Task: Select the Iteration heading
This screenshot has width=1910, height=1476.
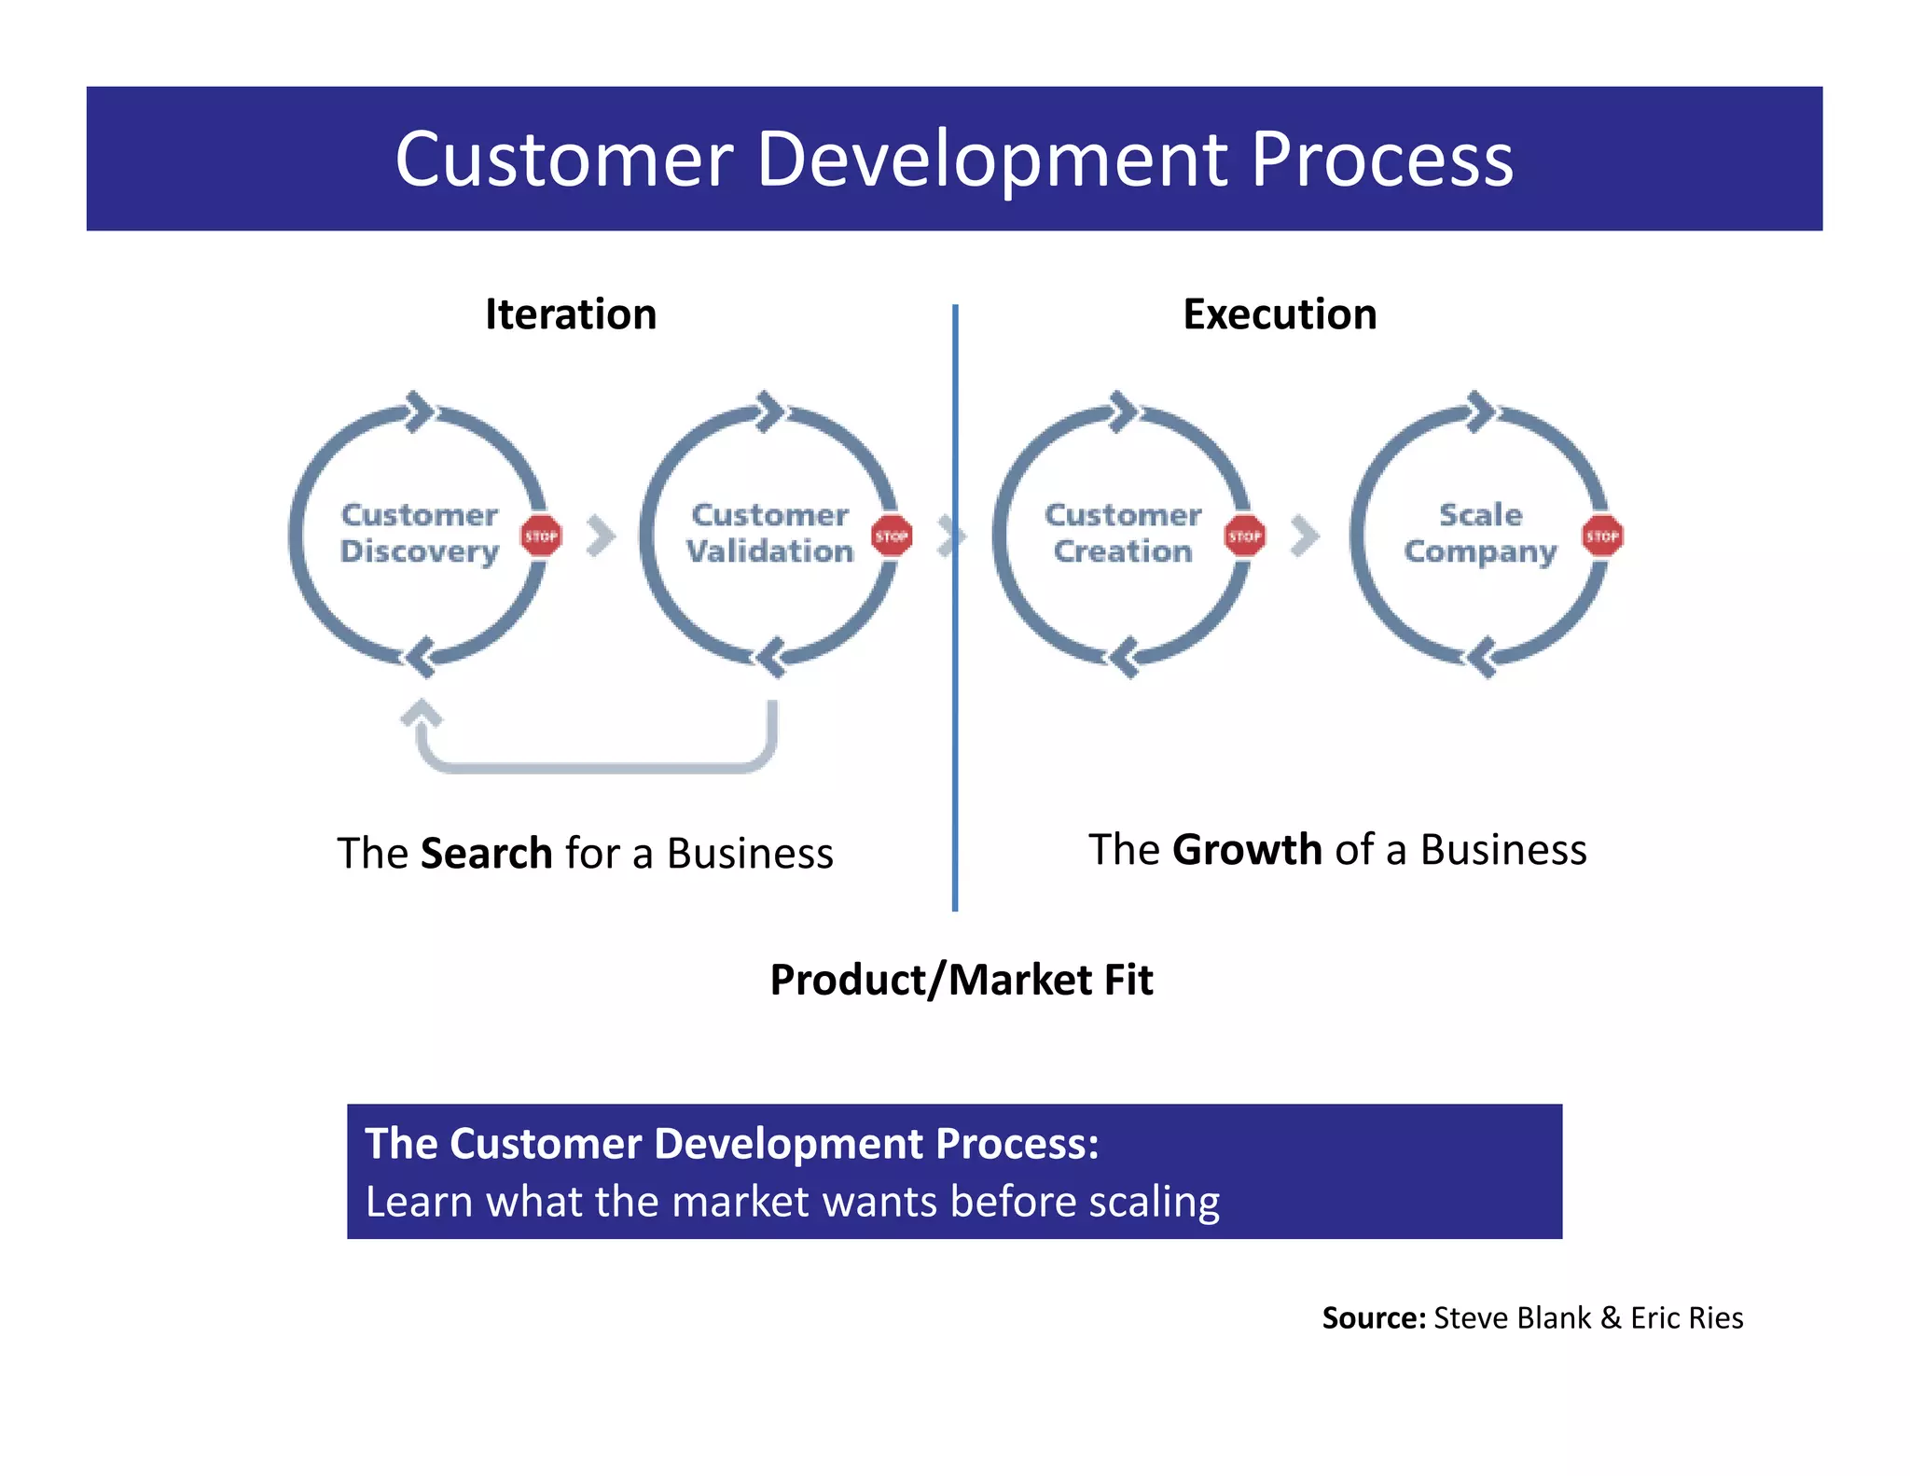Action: pos(571,314)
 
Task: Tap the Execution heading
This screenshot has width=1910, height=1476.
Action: pos(1280,314)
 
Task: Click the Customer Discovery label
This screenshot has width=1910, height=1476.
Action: pos(420,533)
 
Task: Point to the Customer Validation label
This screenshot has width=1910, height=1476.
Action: pos(770,533)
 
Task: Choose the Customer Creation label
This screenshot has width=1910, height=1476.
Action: pos(1123,533)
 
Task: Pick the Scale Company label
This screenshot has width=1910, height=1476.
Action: pos(1480,533)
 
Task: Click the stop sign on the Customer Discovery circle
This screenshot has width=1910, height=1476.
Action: pos(541,536)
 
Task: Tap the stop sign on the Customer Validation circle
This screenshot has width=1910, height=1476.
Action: pos(892,536)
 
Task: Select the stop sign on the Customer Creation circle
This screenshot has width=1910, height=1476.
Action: pos(1245,536)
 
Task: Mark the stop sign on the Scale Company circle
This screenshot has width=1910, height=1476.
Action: pos(1602,536)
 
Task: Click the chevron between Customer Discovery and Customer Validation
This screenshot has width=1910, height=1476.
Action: pos(602,536)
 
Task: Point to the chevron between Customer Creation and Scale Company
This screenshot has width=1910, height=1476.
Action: pos(1306,536)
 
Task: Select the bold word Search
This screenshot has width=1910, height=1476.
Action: pos(486,854)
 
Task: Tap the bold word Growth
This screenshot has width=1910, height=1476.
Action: pos(1247,850)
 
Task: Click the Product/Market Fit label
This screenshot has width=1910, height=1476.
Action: pos(962,980)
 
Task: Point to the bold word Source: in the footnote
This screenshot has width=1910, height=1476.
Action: pos(1374,1318)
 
